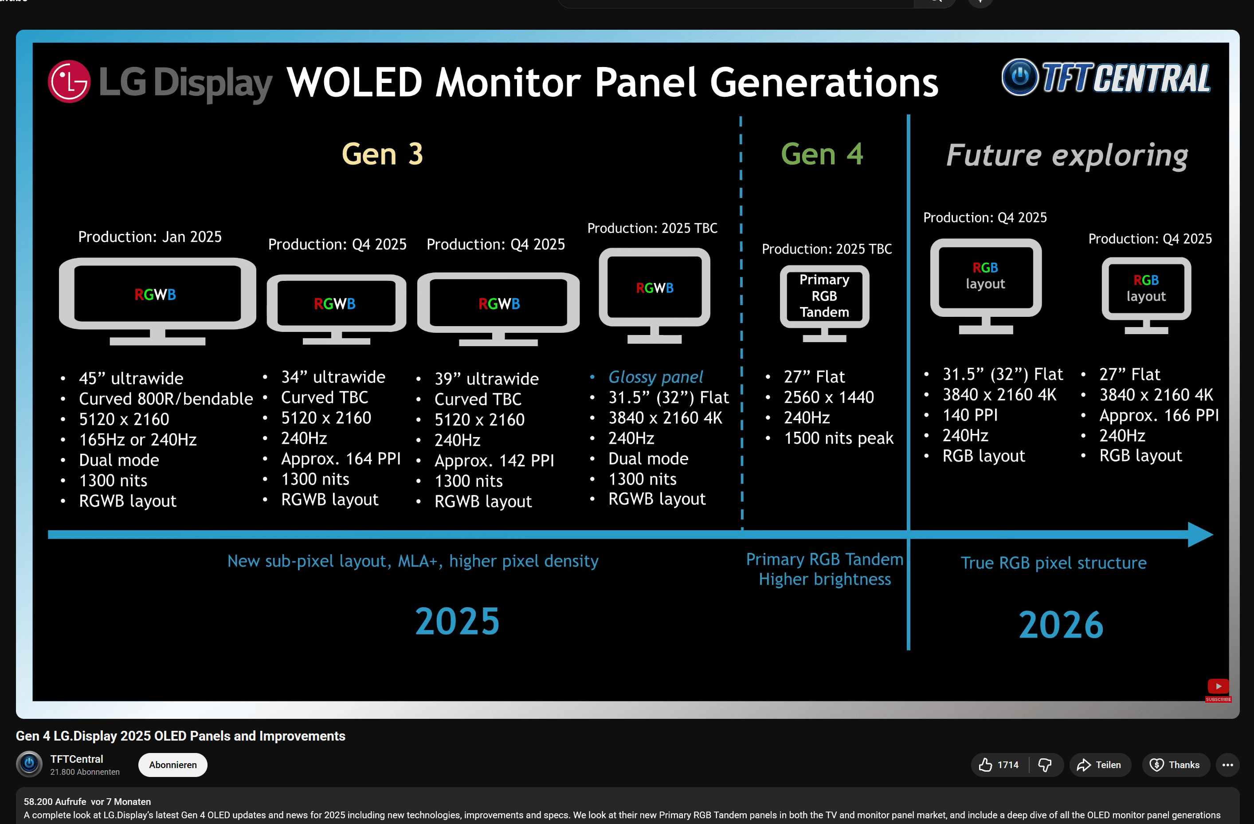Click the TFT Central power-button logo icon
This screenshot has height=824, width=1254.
coord(1019,77)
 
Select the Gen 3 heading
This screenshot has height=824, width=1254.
coord(382,154)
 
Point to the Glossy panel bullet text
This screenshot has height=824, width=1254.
coord(655,377)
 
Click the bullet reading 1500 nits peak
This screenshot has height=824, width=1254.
coord(838,438)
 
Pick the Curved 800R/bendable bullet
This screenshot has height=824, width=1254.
coord(165,398)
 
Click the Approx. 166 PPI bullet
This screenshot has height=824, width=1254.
coord(1158,415)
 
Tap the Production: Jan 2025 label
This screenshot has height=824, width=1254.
coord(149,237)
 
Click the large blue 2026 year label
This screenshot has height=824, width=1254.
coord(1061,625)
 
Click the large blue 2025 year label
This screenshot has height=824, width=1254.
coord(457,621)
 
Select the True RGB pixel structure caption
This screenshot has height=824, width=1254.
coord(1053,563)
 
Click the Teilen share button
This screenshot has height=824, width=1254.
coord(1099,765)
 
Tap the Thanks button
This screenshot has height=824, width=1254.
coord(1175,765)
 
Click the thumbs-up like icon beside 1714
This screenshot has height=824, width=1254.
coord(985,765)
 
